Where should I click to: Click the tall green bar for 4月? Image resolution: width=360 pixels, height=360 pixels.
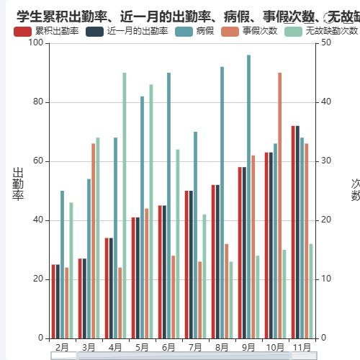(124, 205)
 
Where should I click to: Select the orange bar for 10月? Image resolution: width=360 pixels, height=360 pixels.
(279, 205)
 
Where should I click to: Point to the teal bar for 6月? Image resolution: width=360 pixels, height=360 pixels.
(168, 205)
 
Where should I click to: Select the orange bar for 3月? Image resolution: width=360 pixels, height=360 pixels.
(93, 240)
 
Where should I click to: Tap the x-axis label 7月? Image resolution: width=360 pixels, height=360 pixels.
(194, 347)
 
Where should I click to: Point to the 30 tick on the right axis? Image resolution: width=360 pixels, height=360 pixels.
(325, 161)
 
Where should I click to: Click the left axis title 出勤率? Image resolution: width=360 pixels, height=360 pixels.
(18, 184)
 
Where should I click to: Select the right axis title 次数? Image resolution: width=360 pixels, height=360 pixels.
(355, 190)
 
